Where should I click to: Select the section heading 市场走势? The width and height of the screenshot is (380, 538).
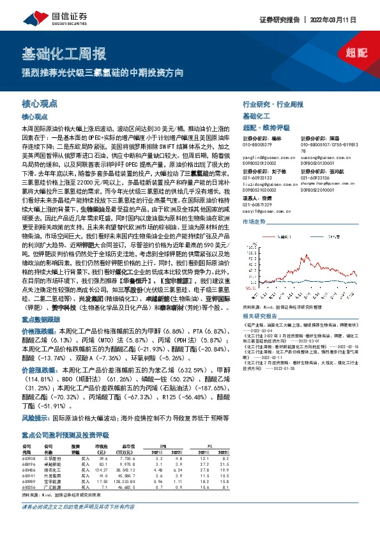pyautogui.click(x=254, y=240)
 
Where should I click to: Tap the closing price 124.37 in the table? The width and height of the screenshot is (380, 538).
pyautogui.click(x=102, y=470)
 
